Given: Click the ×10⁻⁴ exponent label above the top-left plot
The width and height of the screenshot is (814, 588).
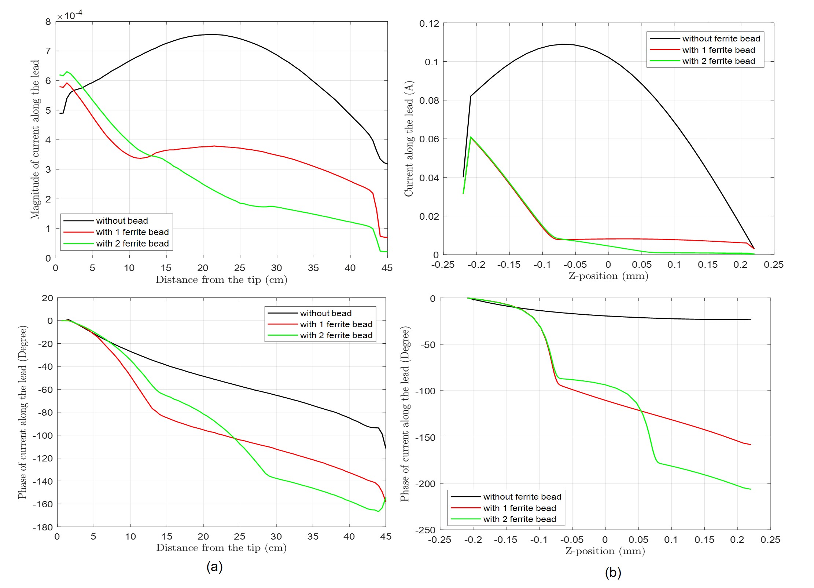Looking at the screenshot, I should tap(70, 15).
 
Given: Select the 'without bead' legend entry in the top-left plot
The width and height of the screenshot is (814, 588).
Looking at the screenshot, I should tap(122, 221).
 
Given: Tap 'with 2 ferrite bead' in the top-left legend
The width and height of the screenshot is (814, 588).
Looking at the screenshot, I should tap(132, 244).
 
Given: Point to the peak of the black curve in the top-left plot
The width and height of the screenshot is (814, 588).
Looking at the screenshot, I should tap(211, 34).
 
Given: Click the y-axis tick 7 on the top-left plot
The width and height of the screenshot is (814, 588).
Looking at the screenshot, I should tap(48, 51).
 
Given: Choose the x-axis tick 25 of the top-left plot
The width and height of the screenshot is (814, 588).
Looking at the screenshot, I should tap(240, 268).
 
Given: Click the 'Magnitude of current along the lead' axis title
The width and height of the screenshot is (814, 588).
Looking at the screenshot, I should tap(35, 139).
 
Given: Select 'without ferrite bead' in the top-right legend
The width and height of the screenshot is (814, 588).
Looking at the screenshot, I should tap(721, 39).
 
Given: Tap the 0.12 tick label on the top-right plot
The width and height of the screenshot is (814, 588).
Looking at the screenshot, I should tap(429, 24).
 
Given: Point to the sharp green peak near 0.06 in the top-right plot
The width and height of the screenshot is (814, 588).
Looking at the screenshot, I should tap(471, 137).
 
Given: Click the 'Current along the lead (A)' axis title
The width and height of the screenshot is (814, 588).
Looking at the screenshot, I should tap(409, 139).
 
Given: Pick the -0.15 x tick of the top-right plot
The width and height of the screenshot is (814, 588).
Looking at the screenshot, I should tap(509, 265).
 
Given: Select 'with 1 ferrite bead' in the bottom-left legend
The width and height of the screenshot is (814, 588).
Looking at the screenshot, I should tap(336, 324).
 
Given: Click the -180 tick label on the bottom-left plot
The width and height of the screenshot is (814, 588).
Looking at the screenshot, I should tap(43, 527).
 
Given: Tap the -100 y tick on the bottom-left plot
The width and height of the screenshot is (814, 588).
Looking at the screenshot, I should tap(43, 435).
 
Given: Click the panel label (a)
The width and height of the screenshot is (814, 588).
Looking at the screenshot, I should tap(214, 567).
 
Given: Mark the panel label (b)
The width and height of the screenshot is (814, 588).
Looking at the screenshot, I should tap(613, 572).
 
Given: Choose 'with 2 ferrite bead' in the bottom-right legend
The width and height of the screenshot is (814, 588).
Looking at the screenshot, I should tap(519, 519).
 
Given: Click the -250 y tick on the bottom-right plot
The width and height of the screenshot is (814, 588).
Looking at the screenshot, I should tap(425, 530).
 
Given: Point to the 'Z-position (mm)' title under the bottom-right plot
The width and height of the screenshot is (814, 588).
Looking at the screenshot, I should tap(605, 551).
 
